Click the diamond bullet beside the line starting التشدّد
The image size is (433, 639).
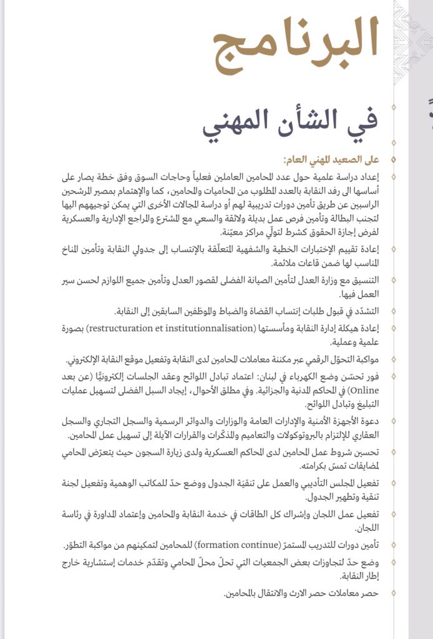[x=393, y=311]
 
